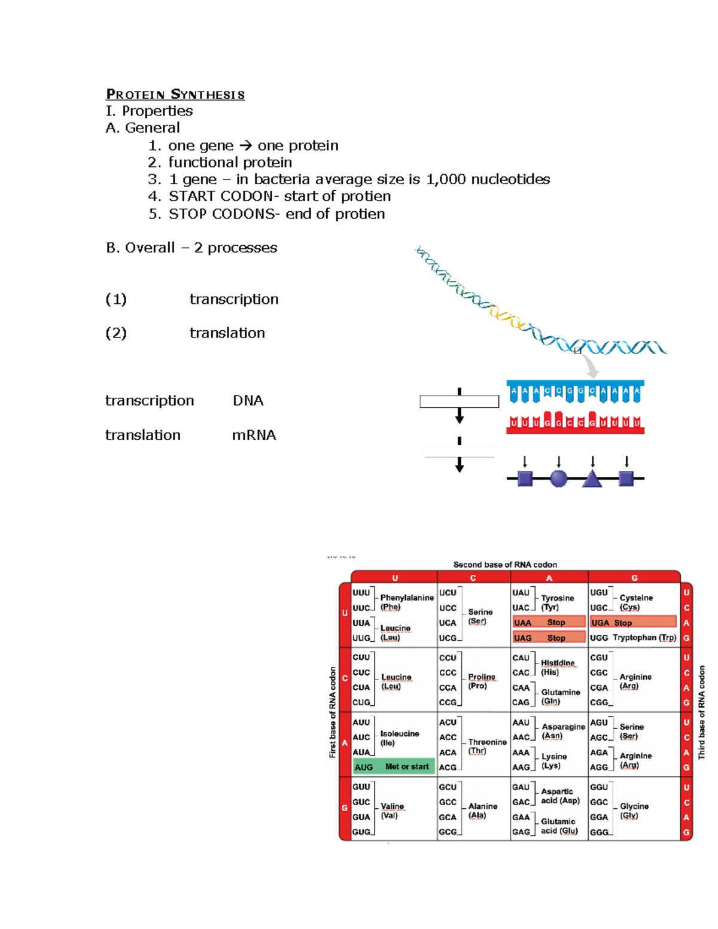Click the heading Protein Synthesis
click(x=175, y=95)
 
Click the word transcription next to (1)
click(x=234, y=299)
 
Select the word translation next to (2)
click(x=227, y=333)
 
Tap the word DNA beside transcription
click(x=248, y=401)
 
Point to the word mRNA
click(x=254, y=435)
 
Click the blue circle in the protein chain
click(x=558, y=479)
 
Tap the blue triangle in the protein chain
click(x=592, y=479)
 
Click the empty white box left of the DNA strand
click(x=459, y=401)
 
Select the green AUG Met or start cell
click(x=394, y=767)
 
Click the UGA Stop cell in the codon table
click(x=633, y=623)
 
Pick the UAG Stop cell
click(x=549, y=638)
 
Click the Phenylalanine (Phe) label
click(x=406, y=602)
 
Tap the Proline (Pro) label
click(x=481, y=681)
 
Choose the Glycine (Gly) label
click(x=634, y=811)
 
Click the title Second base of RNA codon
click(x=505, y=565)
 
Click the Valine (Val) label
click(x=392, y=811)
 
